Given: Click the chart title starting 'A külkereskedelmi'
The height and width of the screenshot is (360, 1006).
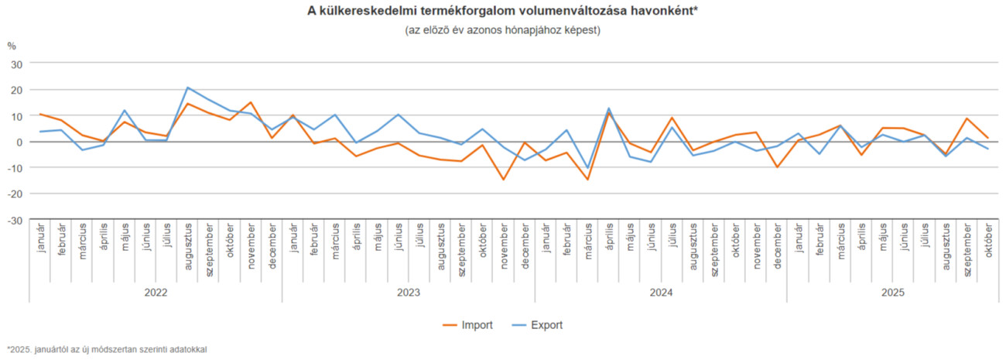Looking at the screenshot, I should (x=502, y=12).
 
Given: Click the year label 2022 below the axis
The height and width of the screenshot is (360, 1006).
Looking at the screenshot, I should (x=156, y=293).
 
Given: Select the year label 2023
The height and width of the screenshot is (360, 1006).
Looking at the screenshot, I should (x=408, y=293).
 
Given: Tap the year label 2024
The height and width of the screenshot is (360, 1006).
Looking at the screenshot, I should (x=660, y=293).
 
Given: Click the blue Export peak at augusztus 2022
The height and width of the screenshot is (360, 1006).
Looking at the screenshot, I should (x=187, y=87).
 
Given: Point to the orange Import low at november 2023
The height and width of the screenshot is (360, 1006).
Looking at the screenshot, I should (x=503, y=180).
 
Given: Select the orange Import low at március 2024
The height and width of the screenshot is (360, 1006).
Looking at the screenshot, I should (x=587, y=180).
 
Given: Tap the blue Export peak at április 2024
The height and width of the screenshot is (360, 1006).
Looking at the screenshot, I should (x=608, y=108).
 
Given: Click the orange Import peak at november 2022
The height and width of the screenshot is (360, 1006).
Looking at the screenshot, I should (x=251, y=102).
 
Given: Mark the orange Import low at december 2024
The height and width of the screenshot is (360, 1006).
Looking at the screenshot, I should (x=776, y=167).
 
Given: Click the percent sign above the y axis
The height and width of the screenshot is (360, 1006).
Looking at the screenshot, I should (x=12, y=46).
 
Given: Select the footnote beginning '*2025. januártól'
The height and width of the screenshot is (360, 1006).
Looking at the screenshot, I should (x=107, y=350).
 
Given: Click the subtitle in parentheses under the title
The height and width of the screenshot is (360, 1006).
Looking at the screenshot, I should (x=502, y=30).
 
